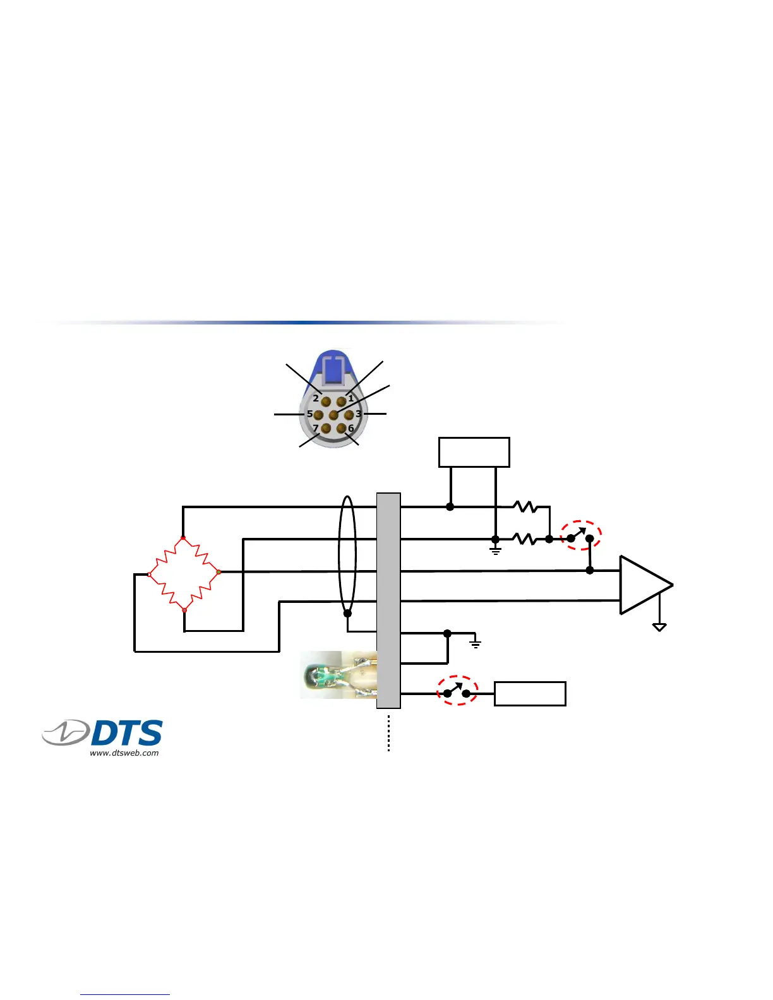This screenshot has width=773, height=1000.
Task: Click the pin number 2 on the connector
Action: (x=325, y=401)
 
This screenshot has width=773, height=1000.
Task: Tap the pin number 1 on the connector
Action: (x=342, y=401)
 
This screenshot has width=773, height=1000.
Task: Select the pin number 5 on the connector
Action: (x=318, y=415)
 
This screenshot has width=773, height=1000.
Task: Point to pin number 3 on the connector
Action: (x=349, y=415)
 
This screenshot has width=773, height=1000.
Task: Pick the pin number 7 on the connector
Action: (x=326, y=429)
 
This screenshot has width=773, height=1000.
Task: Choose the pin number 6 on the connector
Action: (x=342, y=429)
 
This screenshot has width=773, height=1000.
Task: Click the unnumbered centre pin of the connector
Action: (x=333, y=415)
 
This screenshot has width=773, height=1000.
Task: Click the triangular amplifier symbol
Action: (x=643, y=585)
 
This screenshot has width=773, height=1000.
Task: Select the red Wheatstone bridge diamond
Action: (x=184, y=574)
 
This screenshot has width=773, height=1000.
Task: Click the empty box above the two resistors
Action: (x=474, y=452)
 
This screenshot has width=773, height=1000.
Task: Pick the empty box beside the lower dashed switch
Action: (x=530, y=694)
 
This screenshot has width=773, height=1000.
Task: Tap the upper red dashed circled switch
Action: (x=581, y=535)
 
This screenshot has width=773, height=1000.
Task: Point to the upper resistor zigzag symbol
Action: (x=525, y=506)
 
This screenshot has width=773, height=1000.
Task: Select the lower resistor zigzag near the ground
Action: (x=525, y=539)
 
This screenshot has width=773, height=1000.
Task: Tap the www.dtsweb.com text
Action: (x=124, y=753)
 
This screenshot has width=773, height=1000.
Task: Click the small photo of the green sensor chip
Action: (x=338, y=675)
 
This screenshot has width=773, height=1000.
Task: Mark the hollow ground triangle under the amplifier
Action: (x=659, y=627)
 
